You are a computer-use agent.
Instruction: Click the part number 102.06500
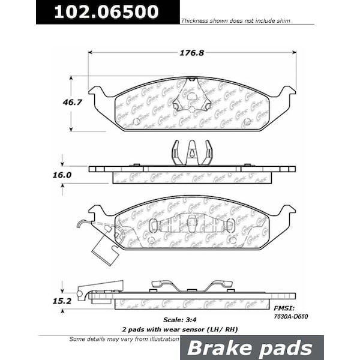(x=107, y=12)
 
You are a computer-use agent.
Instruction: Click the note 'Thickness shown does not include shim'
(x=236, y=21)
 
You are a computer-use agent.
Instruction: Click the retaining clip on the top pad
(x=192, y=96)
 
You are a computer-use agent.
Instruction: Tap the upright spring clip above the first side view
(x=192, y=152)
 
